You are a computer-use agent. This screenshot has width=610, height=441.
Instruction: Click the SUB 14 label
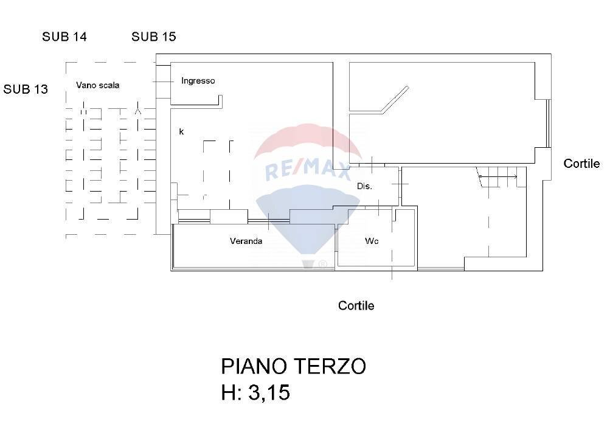(x=64, y=36)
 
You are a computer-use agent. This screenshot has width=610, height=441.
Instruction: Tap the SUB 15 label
(x=154, y=36)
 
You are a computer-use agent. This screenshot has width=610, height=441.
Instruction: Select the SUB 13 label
(x=26, y=89)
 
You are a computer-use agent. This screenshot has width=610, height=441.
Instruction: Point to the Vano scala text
(x=97, y=85)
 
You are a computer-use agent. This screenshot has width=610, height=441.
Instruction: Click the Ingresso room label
(x=198, y=81)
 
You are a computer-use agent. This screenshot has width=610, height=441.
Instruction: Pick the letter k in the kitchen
(x=181, y=131)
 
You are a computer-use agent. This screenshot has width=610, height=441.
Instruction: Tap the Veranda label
(x=246, y=241)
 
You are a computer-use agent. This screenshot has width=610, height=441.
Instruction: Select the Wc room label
(x=372, y=241)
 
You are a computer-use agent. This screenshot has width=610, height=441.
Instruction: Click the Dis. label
(x=364, y=187)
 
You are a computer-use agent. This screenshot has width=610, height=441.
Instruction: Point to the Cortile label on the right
(x=581, y=164)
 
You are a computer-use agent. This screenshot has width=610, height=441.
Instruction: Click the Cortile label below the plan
(x=356, y=305)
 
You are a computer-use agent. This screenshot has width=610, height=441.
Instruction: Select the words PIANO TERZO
(x=293, y=366)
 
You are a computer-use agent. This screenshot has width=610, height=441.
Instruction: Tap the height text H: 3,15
(x=255, y=393)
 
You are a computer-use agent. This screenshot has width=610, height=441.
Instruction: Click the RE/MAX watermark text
(x=308, y=168)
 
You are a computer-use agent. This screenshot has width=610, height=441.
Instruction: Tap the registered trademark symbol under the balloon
(x=323, y=264)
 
